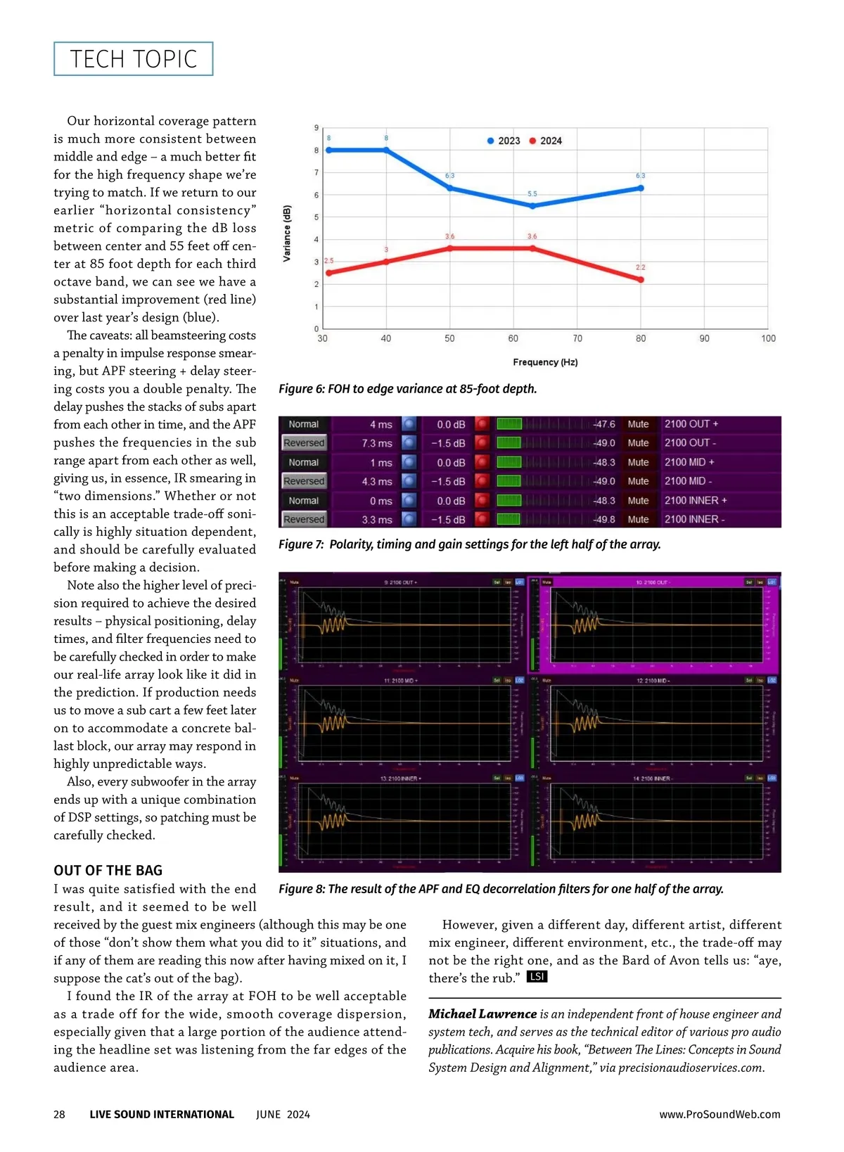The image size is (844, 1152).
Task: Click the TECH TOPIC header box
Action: [x=133, y=59]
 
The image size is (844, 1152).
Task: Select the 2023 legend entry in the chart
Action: [x=504, y=141]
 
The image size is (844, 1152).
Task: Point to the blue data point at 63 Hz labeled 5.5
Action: [x=532, y=206]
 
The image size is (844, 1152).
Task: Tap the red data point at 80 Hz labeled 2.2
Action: [x=641, y=280]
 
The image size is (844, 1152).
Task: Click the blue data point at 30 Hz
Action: [x=328, y=150]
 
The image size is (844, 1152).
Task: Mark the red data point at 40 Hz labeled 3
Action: [x=386, y=262]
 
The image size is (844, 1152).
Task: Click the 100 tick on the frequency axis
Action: [x=768, y=338]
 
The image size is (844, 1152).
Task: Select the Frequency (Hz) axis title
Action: [x=545, y=362]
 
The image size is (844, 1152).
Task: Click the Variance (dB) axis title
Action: [x=287, y=233]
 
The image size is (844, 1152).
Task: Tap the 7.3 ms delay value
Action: [x=377, y=443]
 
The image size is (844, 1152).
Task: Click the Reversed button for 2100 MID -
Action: [x=304, y=481]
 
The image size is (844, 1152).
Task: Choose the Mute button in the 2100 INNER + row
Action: [x=638, y=501]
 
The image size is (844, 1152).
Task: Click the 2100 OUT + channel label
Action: [x=691, y=424]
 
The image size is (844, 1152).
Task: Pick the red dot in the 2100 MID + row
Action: [x=482, y=462]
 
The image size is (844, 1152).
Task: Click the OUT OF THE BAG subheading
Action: [x=108, y=870]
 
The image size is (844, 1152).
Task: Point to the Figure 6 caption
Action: [x=407, y=389]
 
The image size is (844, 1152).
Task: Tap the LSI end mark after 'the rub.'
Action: [x=537, y=977]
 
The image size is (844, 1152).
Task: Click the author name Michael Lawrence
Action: [x=482, y=1014]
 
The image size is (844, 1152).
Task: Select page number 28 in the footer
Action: [x=59, y=1114]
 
